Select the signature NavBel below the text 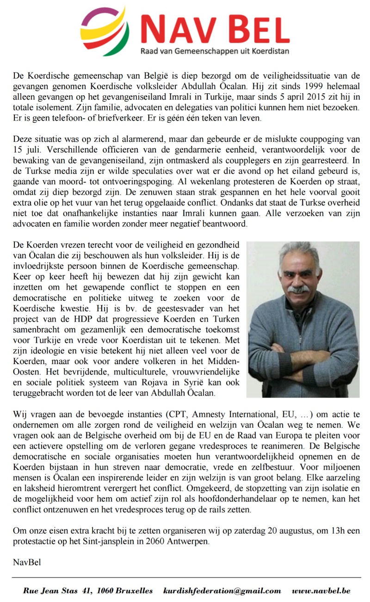[x=27, y=562]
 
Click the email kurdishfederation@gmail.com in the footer [x=222, y=591]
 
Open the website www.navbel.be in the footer [x=321, y=591]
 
